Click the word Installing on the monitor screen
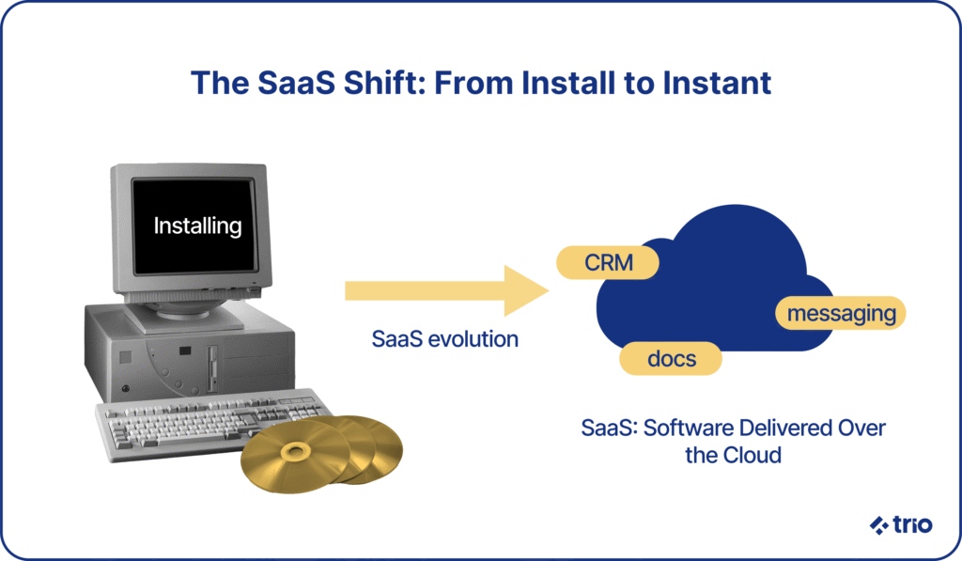pos(197,226)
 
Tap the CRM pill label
pos(608,263)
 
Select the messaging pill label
pos(841,313)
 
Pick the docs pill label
pos(671,358)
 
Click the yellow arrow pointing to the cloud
pos(446,290)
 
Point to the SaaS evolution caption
pos(444,339)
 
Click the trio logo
pos(901,524)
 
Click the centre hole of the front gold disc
pos(295,453)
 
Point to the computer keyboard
pos(211,425)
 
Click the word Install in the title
pos(568,83)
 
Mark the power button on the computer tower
pos(126,388)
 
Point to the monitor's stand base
pos(184,316)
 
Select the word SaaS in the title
pos(296,83)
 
